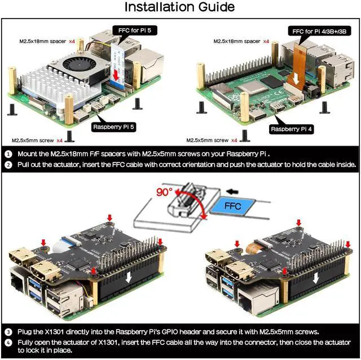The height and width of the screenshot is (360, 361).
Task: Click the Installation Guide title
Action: (179, 7)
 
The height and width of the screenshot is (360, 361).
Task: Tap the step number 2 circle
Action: (8, 165)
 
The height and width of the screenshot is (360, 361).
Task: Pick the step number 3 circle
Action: (8, 331)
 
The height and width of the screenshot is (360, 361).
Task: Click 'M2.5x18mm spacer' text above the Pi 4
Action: (237, 42)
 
